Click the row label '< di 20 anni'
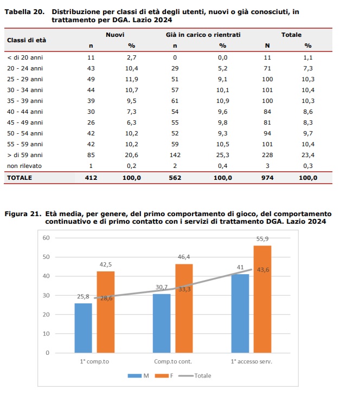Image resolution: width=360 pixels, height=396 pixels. (25, 57)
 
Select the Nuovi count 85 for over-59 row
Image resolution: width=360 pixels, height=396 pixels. (91, 155)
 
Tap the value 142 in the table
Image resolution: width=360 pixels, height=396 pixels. (175, 155)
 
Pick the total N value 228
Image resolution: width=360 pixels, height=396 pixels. (267, 155)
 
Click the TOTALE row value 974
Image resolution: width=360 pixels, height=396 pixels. (267, 178)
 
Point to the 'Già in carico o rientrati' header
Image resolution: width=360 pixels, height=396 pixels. (203, 35)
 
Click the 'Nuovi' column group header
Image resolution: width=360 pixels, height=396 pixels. (115, 35)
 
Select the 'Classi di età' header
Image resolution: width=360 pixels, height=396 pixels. (27, 40)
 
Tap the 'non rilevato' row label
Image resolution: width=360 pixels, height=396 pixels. (24, 166)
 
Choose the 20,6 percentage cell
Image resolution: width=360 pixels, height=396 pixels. (131, 155)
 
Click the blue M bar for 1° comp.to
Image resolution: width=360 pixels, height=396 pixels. (83, 328)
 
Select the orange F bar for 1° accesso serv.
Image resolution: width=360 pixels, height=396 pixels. (262, 299)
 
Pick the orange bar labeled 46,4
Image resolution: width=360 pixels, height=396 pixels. (184, 308)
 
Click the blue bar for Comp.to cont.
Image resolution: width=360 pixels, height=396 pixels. (162, 323)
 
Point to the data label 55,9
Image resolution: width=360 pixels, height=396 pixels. (262, 239)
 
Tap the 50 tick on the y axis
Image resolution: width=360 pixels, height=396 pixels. (46, 257)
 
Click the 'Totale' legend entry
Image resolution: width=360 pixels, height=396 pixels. (195, 376)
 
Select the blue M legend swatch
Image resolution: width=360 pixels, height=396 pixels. (134, 376)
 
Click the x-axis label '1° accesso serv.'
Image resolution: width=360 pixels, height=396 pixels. (252, 362)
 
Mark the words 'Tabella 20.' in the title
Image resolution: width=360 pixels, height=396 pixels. (24, 12)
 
